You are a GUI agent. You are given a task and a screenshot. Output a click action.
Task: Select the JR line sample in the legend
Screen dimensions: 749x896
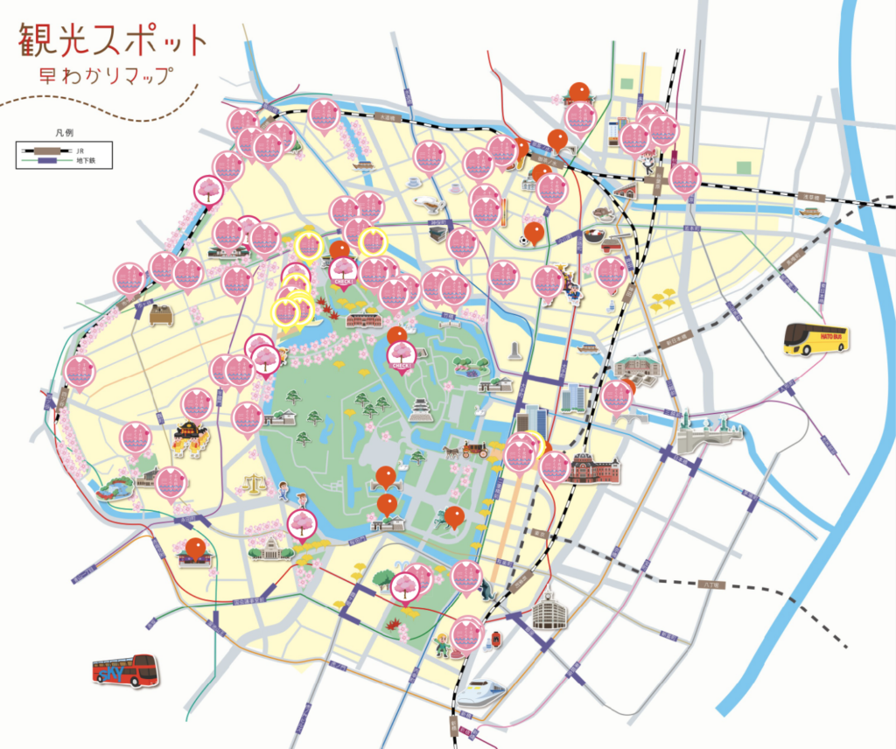click(45, 150)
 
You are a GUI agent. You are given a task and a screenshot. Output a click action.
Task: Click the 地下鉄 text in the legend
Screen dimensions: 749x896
click(86, 161)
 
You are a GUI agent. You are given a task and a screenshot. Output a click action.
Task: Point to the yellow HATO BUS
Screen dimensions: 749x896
click(815, 339)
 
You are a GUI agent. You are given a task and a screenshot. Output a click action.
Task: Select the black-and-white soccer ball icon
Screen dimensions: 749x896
click(523, 239)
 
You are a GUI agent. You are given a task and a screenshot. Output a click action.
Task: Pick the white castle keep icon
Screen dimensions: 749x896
click(422, 409)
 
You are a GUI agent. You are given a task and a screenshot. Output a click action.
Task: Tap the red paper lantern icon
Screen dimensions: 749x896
click(497, 640)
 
